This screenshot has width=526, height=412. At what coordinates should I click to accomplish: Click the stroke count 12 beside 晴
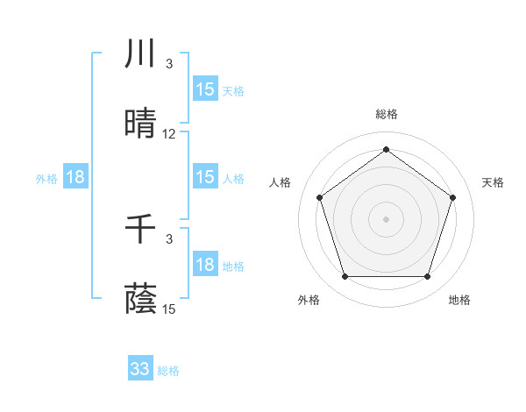[x=169, y=134]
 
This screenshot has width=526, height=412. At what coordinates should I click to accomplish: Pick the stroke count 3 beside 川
[x=169, y=64]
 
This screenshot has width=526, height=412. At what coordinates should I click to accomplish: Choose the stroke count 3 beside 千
[x=169, y=238]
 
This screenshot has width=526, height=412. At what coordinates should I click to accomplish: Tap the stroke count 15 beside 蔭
[x=169, y=309]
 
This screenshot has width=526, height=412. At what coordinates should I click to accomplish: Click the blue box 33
[x=140, y=369]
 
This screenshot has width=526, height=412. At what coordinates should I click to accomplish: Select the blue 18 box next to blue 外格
[x=75, y=177]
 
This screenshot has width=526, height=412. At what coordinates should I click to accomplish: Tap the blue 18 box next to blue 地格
[x=205, y=265]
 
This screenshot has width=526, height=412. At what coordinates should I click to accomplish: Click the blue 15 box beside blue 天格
[x=205, y=89]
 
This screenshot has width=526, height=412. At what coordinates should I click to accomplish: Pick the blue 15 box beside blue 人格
[x=205, y=177]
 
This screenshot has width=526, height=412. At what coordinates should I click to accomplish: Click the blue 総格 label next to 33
[x=168, y=371]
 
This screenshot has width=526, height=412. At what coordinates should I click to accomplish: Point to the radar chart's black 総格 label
[x=386, y=114]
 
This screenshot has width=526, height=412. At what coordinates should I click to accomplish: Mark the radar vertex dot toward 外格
[x=345, y=277]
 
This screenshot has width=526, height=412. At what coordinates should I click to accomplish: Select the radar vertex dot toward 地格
[x=427, y=277]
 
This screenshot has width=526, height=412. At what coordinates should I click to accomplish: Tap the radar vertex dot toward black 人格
[x=319, y=197]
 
